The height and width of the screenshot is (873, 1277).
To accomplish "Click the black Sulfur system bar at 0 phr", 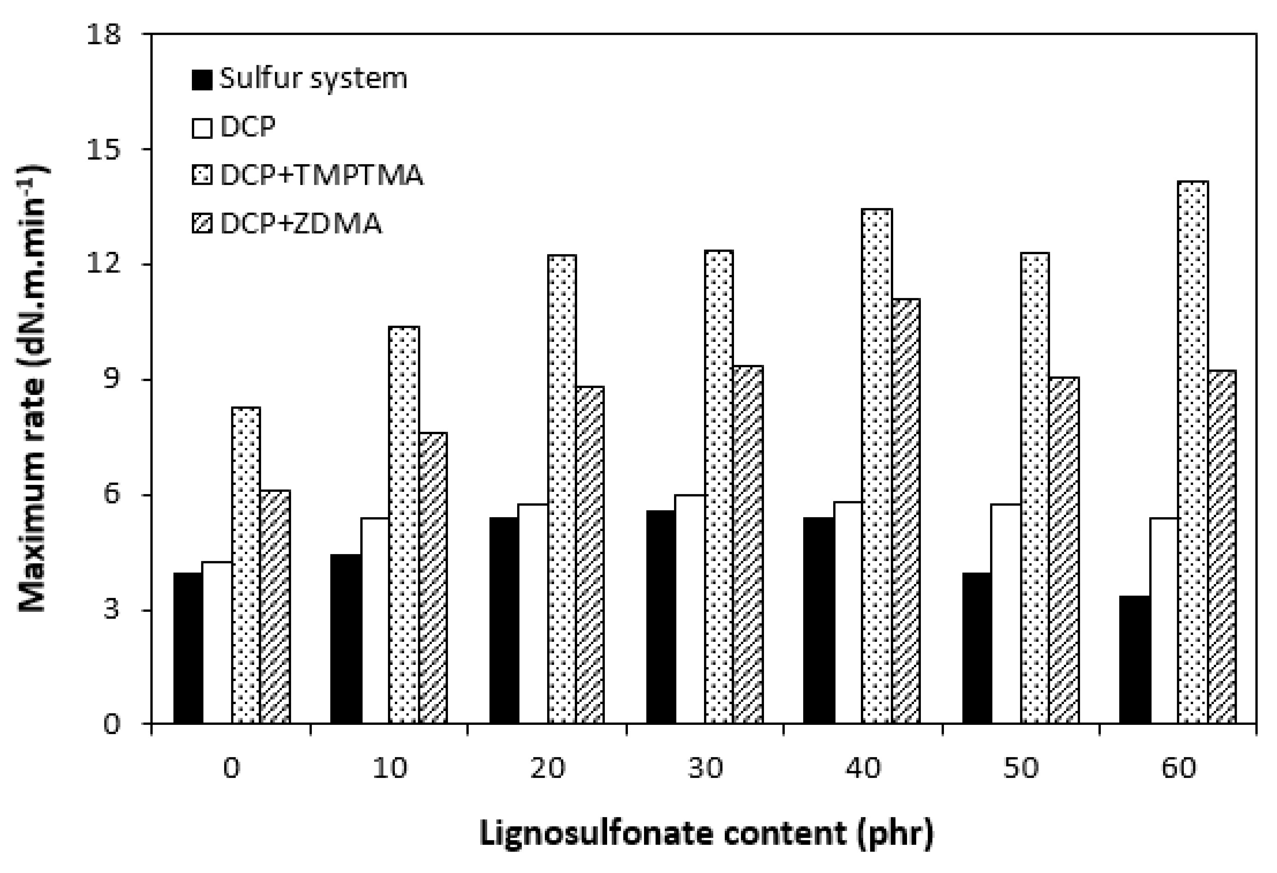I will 188,648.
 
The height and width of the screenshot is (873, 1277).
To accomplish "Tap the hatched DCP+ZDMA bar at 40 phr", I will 906,511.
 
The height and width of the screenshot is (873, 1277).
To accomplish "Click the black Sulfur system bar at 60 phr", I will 1135,659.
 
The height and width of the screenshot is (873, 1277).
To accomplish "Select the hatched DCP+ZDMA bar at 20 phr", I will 590,555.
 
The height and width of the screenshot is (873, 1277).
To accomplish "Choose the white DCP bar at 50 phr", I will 1006,613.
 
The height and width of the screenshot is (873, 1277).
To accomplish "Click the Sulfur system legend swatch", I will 202,80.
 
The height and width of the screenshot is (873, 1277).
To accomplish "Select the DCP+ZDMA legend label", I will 301,224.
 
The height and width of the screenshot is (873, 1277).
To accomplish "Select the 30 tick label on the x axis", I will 705,767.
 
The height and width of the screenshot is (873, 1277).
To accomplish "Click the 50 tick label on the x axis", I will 1021,767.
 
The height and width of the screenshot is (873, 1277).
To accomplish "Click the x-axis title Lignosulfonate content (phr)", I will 705,833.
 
